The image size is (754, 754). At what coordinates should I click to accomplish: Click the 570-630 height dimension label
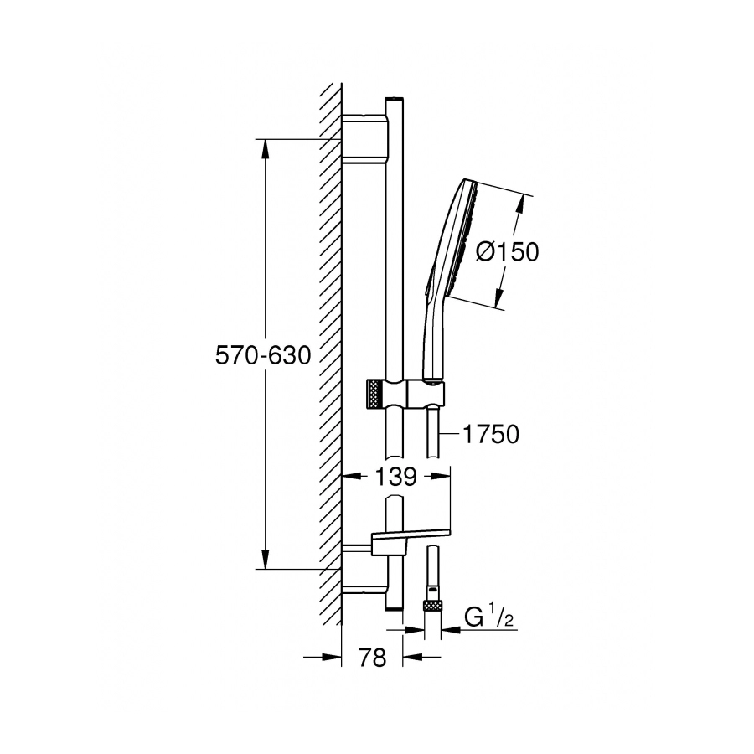(263, 356)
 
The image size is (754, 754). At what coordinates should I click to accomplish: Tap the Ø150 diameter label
(508, 252)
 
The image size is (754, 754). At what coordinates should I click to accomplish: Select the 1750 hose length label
(490, 434)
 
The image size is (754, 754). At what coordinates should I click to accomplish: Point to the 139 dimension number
(395, 477)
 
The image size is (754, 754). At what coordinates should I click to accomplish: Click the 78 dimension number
(372, 657)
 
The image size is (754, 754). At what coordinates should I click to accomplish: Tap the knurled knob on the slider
(374, 395)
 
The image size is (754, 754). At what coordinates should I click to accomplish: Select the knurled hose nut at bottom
(431, 605)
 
